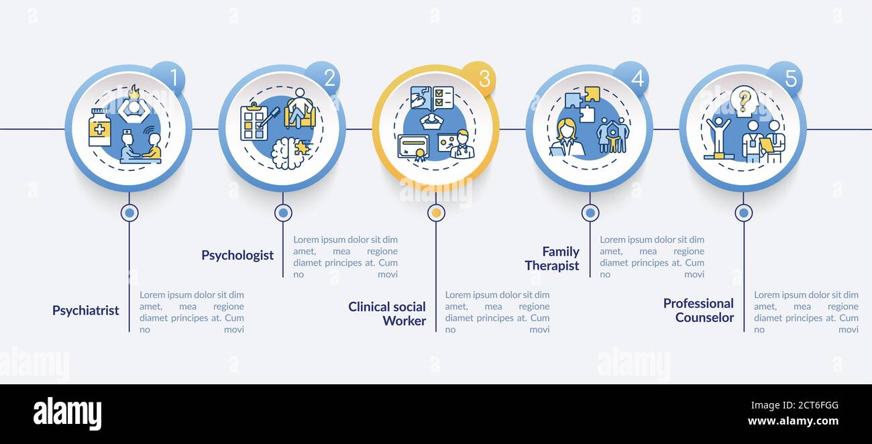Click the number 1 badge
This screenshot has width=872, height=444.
coord(168,78)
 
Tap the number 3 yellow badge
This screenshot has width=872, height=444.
coord(479,78)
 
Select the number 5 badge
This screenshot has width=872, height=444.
coord(785,78)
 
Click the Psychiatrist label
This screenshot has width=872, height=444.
coord(86,311)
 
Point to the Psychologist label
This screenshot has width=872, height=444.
coord(237,256)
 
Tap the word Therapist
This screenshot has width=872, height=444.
coord(552,266)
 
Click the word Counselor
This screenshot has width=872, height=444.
coord(704,317)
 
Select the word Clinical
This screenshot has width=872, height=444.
coord(373,307)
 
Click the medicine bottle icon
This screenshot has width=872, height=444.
coord(100,127)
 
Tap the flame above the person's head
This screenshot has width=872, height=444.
coord(135,93)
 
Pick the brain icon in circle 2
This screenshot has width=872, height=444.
coord(290,153)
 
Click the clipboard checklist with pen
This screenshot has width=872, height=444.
coord(258,121)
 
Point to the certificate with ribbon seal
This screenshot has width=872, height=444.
coord(413,148)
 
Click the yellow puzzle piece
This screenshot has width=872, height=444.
coord(592,94)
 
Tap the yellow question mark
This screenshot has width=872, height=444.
coord(745,101)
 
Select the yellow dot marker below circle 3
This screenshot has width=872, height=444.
coord(437,213)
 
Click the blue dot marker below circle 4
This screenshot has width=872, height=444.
coord(590,213)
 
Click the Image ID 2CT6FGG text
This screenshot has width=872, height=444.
coord(795,405)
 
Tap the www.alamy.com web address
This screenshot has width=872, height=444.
coord(793,421)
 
